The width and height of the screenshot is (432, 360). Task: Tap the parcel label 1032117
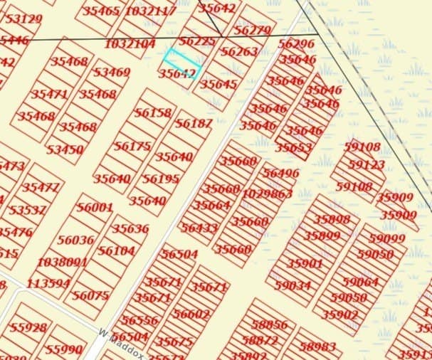[x=149, y=11]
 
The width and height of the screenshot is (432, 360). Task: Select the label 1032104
[x=130, y=44]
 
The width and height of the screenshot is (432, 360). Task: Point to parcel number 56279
[x=251, y=31]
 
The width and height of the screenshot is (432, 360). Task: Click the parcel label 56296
[x=295, y=44]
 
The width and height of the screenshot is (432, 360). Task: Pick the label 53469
[x=111, y=73]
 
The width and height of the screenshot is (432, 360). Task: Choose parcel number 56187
[x=193, y=124]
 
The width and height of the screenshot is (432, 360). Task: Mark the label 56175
[x=132, y=146]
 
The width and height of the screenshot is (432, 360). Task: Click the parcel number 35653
[x=293, y=148]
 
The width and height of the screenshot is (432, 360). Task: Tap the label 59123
[x=366, y=164]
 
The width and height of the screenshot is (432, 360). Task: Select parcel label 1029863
[x=267, y=194]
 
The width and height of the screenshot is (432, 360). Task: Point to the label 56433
[x=199, y=228]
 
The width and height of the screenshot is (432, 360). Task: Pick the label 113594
[x=48, y=283]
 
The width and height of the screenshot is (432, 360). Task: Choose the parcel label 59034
[x=292, y=285]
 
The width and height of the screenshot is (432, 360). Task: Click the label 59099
[x=386, y=239]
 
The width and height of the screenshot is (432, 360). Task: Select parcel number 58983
[x=317, y=346]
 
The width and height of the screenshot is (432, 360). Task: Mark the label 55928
[x=28, y=328]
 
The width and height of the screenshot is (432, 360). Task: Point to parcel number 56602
[x=191, y=314]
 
